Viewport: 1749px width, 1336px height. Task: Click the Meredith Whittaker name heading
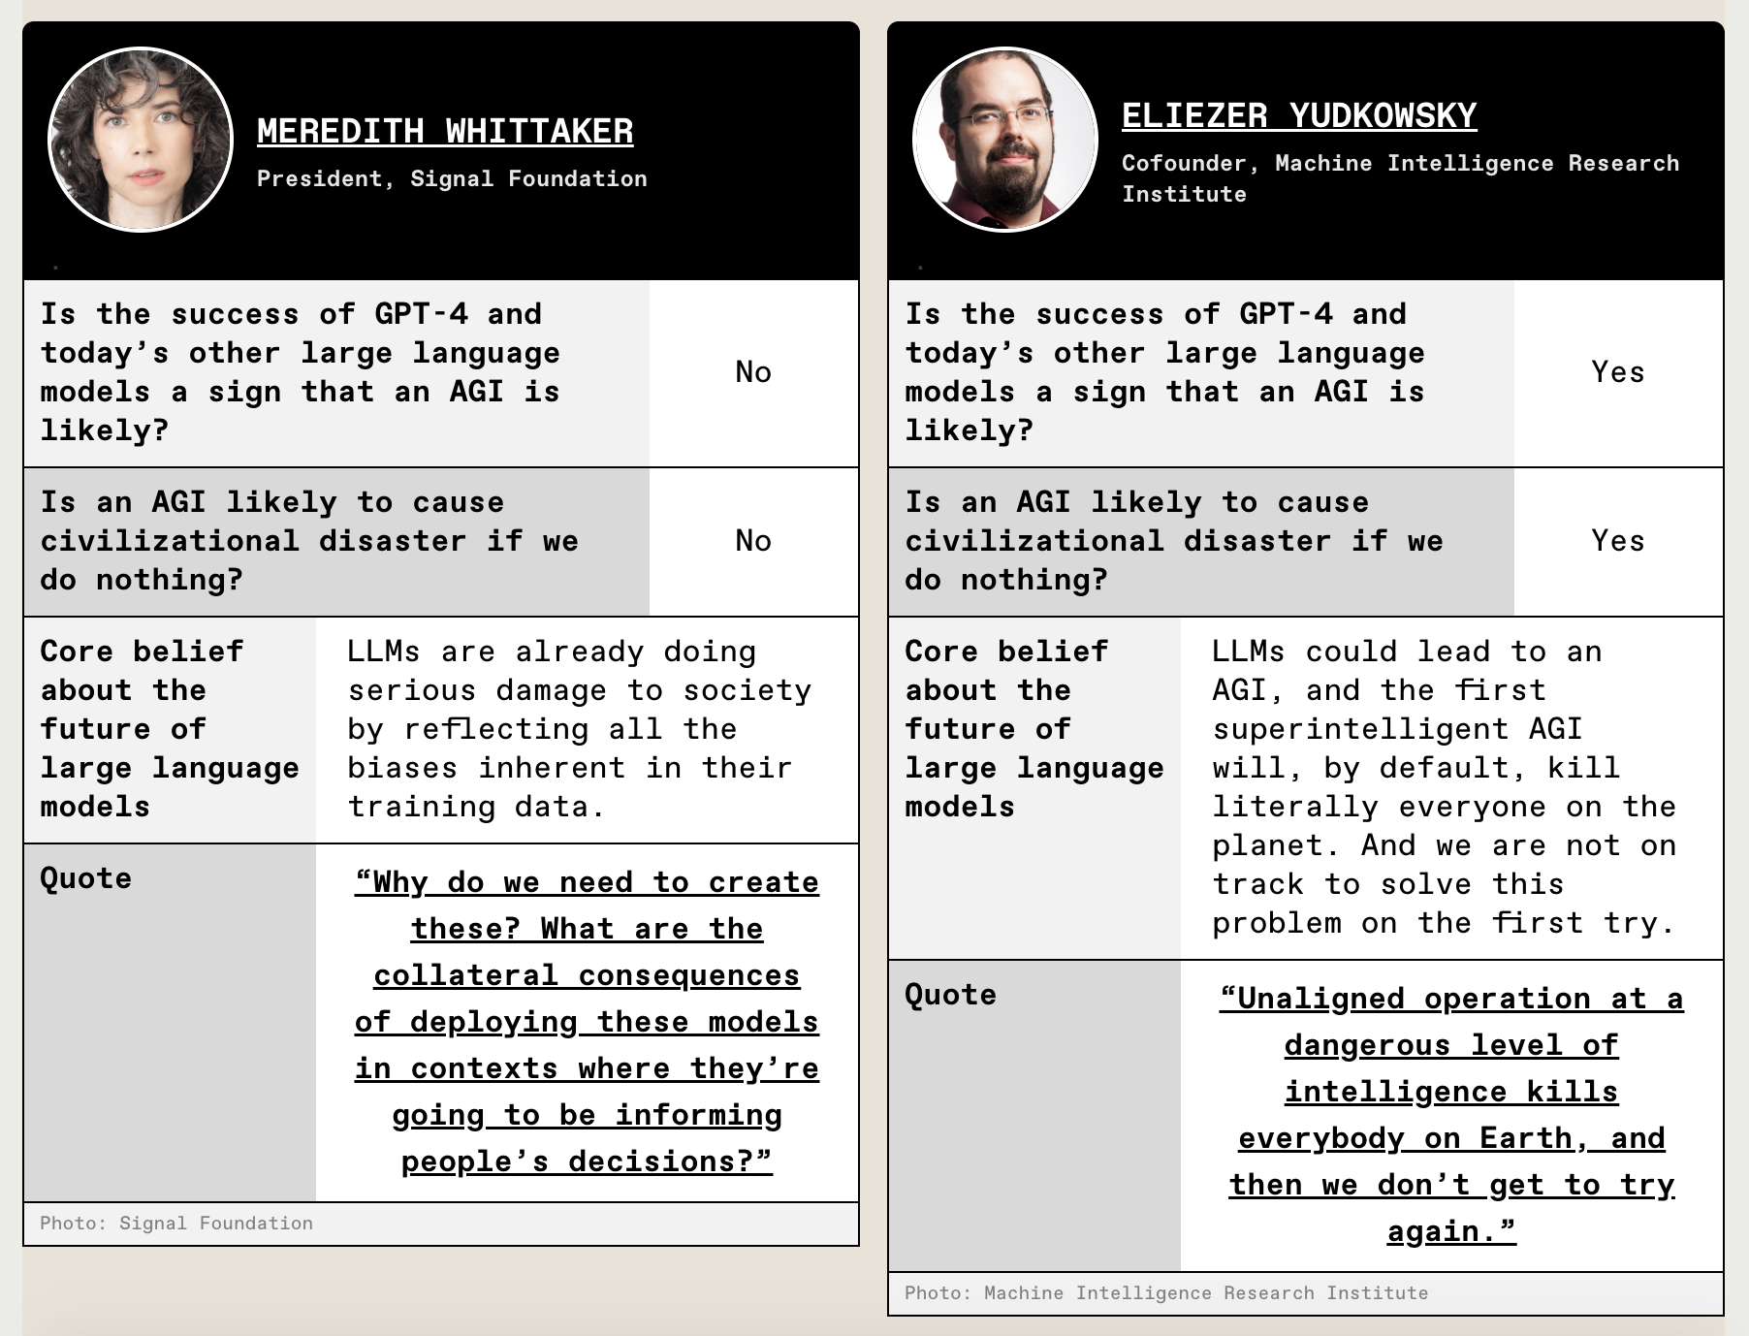click(445, 132)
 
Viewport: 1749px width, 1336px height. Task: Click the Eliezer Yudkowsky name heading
click(1299, 116)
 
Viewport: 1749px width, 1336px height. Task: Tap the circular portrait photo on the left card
click(141, 140)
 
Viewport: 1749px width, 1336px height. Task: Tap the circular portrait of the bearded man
click(1005, 140)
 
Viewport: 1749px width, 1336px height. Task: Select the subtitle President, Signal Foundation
click(452, 178)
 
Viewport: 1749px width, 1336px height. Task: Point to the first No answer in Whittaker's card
click(753, 372)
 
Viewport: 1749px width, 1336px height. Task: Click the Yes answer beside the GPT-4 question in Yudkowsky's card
click(1618, 372)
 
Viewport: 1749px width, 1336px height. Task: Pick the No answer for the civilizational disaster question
click(753, 541)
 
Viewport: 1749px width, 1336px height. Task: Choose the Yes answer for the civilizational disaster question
click(1618, 541)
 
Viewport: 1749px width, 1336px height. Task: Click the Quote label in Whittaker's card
click(86, 878)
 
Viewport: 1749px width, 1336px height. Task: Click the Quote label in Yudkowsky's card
click(950, 995)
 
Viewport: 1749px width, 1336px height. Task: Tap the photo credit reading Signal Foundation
click(176, 1224)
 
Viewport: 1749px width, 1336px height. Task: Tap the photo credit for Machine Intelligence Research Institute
click(1166, 1293)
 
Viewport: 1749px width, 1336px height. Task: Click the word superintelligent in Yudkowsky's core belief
click(1361, 729)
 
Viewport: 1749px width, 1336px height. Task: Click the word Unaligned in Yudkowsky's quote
click(1312, 999)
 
